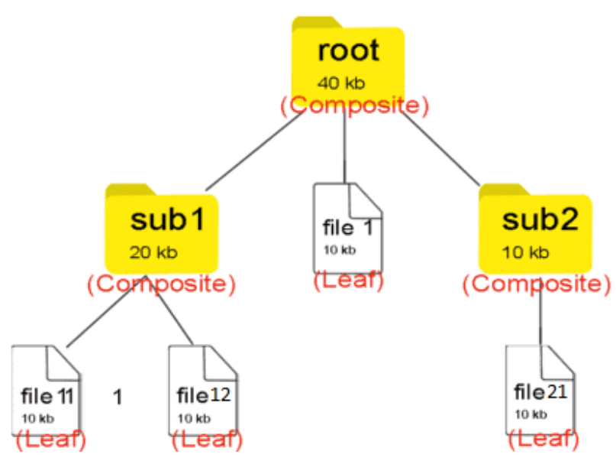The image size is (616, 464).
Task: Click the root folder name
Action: [348, 50]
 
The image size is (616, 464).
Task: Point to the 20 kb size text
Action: [153, 253]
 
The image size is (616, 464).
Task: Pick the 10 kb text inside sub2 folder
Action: [525, 252]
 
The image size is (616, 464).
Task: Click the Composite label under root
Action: [353, 105]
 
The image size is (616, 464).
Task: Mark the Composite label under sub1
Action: [160, 284]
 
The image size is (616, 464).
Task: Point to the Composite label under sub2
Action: [537, 284]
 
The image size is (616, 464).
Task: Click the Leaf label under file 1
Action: [348, 280]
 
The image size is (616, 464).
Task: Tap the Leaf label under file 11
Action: [50, 440]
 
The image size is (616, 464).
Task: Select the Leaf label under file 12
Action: [207, 440]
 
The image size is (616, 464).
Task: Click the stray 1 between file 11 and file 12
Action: [118, 397]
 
